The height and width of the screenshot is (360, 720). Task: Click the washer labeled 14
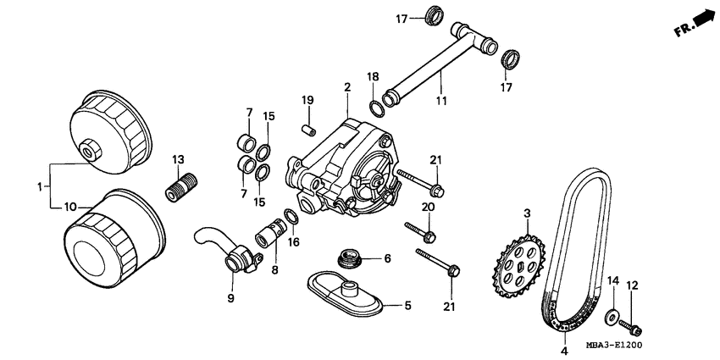611,318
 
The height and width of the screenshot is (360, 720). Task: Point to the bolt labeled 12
632,324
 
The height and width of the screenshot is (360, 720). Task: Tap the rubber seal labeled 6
348,256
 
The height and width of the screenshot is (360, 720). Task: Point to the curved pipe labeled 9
216,246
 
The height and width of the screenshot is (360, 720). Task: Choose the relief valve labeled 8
271,231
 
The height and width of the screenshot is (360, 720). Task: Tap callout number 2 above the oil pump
346,87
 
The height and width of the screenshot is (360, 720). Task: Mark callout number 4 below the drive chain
563,349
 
